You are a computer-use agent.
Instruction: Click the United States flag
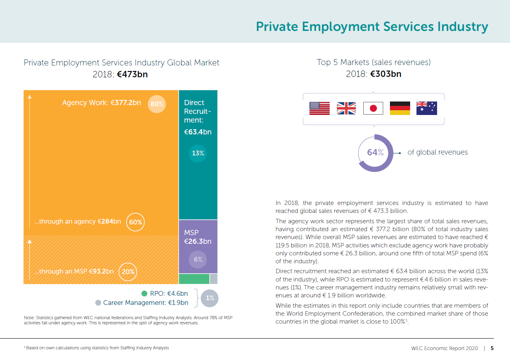pos(319,108)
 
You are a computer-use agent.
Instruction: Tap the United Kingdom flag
pos(346,108)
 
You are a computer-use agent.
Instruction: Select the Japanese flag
pos(373,108)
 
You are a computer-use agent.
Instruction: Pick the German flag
pos(400,108)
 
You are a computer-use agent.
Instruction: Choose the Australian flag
pos(426,108)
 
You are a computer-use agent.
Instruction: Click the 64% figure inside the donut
pos(375,153)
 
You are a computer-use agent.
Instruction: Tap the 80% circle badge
pos(157,104)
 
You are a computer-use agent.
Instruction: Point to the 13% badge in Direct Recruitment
pos(198,153)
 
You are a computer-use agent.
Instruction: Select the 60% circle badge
pos(136,222)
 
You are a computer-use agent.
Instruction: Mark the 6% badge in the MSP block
pos(198,259)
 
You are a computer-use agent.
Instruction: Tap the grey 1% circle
pos(210,298)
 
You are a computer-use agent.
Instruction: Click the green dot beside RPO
pos(144,294)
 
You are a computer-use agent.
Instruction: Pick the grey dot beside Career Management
pos(98,303)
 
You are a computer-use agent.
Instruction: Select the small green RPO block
pos(194,279)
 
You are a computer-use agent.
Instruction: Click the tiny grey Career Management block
pos(214,279)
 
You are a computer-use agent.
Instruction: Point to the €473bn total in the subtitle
pos(132,74)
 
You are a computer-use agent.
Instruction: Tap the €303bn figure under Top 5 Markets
pos(386,74)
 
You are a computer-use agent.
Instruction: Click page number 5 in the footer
pos(492,349)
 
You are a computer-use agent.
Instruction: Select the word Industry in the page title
pos(462,27)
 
